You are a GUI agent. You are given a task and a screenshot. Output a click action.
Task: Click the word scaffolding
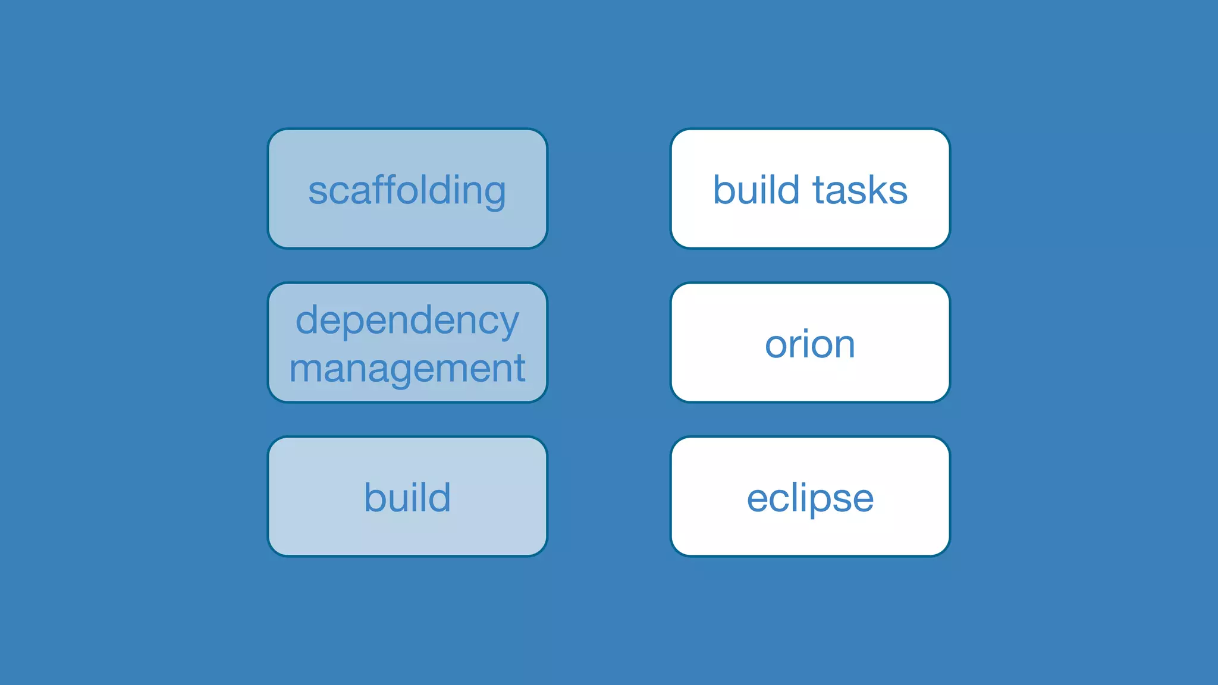[407, 190]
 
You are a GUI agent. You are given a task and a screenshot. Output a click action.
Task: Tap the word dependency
[407, 321]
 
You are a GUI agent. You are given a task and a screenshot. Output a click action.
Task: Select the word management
[407, 369]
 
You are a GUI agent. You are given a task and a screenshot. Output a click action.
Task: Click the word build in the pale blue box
[407, 497]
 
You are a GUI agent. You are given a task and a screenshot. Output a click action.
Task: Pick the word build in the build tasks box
[756, 190]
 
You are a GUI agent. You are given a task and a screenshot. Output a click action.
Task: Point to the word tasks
[860, 190]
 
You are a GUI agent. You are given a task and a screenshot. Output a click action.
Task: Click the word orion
[810, 344]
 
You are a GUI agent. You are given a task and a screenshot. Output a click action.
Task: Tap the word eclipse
[810, 498]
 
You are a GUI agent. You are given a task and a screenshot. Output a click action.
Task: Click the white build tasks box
[810, 226]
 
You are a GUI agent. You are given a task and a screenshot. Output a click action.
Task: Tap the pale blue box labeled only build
[407, 535]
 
